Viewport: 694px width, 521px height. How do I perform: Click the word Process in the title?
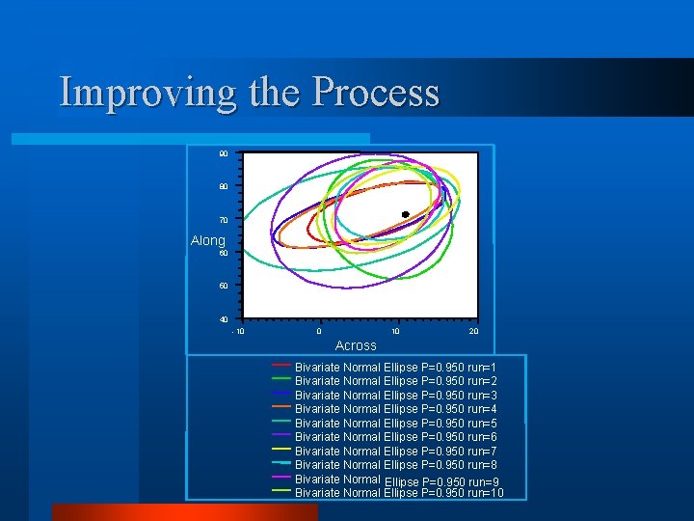[375, 93]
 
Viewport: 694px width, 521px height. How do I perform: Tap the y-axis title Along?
[207, 240]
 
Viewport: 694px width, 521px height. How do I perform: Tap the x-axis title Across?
[356, 345]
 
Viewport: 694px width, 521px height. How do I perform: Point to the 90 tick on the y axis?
[224, 154]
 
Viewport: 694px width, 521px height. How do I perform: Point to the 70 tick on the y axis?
[224, 220]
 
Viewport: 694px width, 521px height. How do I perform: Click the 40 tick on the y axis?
[224, 319]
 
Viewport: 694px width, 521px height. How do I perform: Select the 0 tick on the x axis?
[319, 331]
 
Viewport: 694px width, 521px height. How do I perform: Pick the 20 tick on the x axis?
[473, 331]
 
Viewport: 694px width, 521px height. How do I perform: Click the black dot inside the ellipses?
[406, 214]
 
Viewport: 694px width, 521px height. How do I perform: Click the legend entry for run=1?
[395, 368]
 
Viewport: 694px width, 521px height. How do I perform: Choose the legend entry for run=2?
[395, 381]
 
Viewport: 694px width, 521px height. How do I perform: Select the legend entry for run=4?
[395, 409]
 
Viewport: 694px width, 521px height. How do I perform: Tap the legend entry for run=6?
[395, 437]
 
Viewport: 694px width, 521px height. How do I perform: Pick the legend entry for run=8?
[395, 465]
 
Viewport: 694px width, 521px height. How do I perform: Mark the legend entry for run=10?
[399, 493]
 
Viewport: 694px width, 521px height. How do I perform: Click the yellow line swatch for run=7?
[281, 449]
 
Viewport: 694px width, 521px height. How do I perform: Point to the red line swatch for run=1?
[281, 366]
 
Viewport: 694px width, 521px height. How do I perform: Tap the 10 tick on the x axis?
[396, 331]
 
